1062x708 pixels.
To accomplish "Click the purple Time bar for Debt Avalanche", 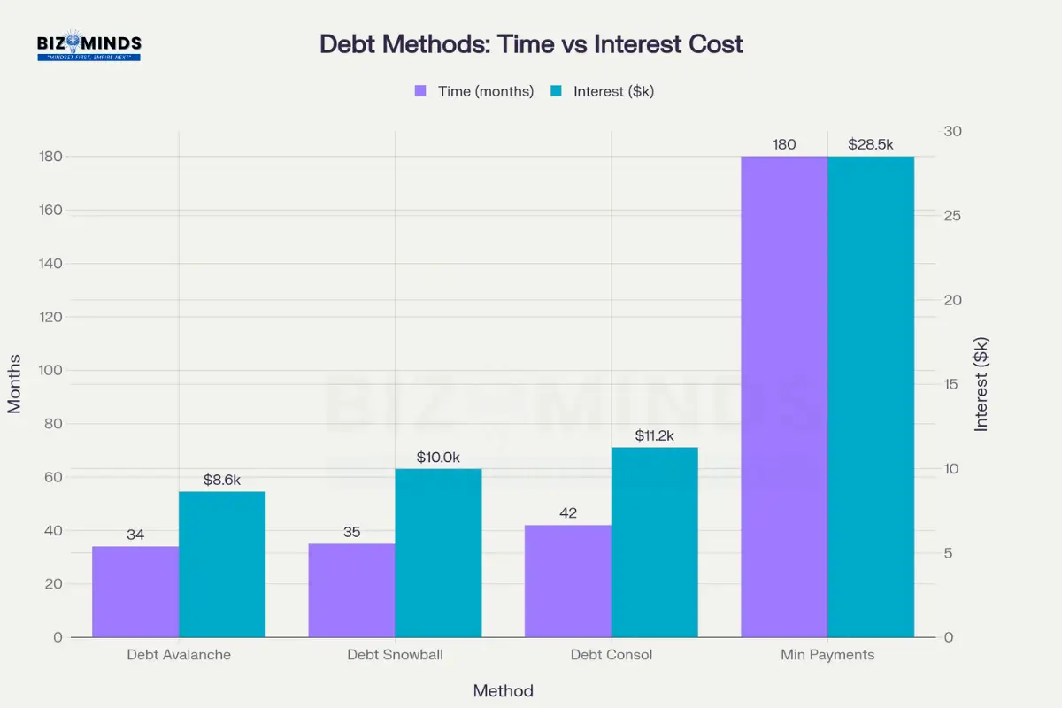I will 135,591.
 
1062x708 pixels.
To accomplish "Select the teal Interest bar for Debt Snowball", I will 438,552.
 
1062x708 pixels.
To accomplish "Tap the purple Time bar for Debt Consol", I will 567,581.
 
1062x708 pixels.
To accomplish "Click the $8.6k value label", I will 221,480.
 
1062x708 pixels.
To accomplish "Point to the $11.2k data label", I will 654,435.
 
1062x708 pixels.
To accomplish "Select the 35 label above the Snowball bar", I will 351,532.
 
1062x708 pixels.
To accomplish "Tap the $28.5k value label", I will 871,144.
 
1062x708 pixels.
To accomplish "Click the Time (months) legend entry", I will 474,91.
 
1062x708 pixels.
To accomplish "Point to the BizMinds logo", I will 88,46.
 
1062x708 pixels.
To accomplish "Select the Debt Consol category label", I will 612,655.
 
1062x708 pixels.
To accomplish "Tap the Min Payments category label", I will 827,655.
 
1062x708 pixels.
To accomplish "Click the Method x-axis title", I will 503,691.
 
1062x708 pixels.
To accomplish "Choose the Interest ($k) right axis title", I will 981,385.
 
